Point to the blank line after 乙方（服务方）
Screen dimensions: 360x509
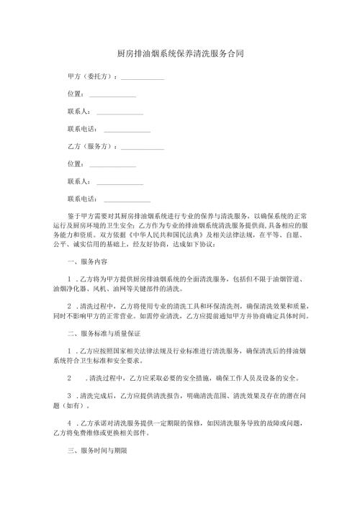[143, 148]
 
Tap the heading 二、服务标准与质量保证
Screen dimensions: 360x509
[103, 334]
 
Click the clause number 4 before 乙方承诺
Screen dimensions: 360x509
[68, 423]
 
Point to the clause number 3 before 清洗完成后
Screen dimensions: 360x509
[68, 396]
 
